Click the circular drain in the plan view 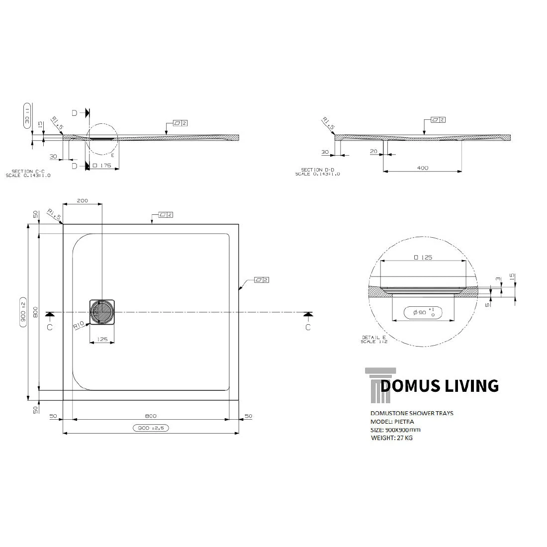[x=102, y=312]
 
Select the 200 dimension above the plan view [x=83, y=201]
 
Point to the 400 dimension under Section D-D [x=422, y=168]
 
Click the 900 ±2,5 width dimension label [x=151, y=428]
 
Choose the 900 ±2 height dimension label [x=23, y=312]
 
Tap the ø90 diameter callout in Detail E [x=423, y=313]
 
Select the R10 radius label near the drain [x=78, y=326]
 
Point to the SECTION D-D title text [x=318, y=170]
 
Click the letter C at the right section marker [x=308, y=327]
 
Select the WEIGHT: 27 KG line [x=391, y=438]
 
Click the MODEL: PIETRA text [x=392, y=422]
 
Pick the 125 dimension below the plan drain [x=102, y=340]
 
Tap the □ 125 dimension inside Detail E [x=423, y=258]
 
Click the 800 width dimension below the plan [x=151, y=416]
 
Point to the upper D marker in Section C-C [x=75, y=113]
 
